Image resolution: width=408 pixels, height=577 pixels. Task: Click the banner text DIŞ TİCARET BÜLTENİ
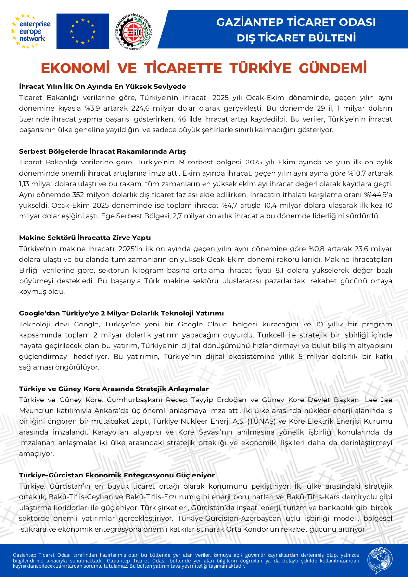(x=296, y=38)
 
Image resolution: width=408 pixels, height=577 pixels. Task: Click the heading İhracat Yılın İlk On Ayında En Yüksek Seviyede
(x=102, y=87)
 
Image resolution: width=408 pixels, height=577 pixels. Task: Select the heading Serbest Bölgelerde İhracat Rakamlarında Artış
(x=102, y=152)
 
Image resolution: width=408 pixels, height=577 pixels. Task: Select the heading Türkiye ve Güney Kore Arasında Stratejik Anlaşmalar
(x=114, y=389)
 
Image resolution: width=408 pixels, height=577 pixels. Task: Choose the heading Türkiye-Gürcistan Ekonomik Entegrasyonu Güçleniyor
(x=116, y=475)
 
